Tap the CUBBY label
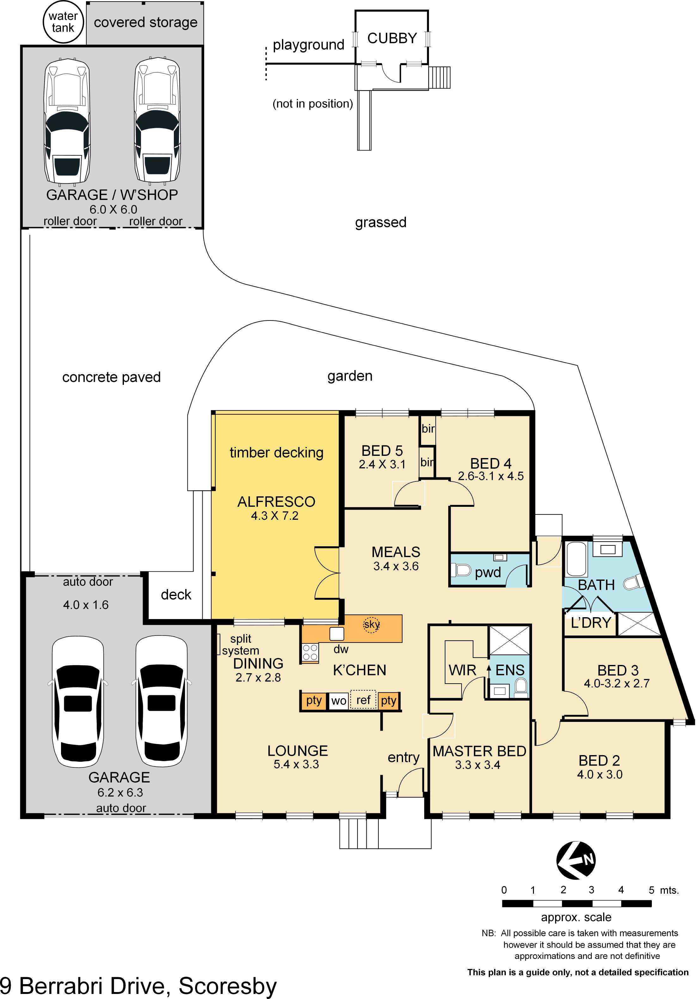click(392, 38)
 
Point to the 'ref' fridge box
click(363, 700)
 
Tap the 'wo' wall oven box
click(338, 700)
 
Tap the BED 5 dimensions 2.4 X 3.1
click(382, 464)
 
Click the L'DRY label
click(591, 623)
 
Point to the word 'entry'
click(403, 758)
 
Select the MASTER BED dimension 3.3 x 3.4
click(478, 765)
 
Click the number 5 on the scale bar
click(651, 890)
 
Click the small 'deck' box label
click(176, 594)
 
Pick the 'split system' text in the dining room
click(241, 644)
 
